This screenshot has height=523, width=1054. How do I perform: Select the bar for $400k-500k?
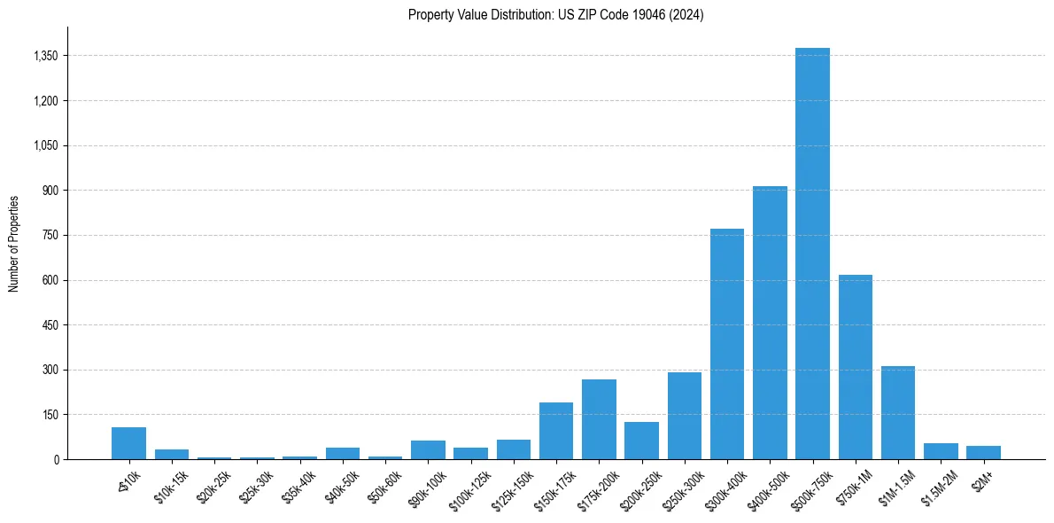[770, 323]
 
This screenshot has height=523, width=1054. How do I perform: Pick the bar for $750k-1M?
[855, 367]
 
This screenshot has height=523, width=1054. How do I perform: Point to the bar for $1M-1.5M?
[898, 412]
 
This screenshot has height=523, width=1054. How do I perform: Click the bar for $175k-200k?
[599, 419]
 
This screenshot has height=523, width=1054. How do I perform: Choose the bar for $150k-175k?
[556, 431]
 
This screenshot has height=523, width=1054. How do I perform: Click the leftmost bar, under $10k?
[128, 443]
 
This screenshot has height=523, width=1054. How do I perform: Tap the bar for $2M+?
[983, 452]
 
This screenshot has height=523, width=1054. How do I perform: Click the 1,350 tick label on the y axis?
[45, 56]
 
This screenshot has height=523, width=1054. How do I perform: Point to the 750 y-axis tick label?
[50, 235]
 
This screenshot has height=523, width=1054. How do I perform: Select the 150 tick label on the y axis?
[50, 415]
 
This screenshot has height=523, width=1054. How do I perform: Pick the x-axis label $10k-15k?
[171, 484]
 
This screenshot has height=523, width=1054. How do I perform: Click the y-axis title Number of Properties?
[14, 243]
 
